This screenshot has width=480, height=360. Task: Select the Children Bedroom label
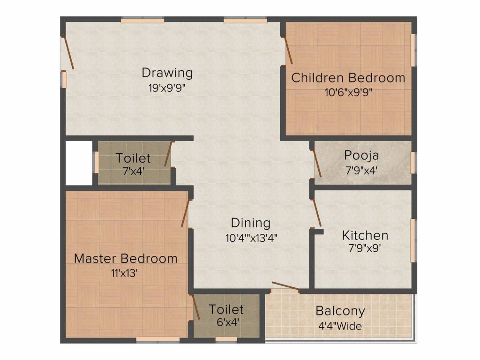pos(348,78)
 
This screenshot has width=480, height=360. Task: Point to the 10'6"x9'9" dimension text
pos(348,92)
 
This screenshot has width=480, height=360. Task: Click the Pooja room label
pos(361,155)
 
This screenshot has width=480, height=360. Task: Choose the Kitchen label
pos(365,235)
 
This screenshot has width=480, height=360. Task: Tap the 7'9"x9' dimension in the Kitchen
pos(365,249)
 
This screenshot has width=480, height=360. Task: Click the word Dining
pos(251,223)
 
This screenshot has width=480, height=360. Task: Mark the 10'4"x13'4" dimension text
pos(251,237)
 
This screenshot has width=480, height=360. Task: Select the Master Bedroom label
pos(126,258)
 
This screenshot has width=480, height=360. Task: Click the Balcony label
pos(340,311)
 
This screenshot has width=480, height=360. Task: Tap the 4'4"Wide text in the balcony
pos(339,326)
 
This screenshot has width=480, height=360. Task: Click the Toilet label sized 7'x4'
pos(134,158)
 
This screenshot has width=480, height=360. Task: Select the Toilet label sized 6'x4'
pos(226,309)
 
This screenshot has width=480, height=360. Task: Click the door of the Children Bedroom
pos(288,50)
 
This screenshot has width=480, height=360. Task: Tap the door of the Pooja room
pos(317,163)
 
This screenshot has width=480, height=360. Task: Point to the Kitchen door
pos(316,212)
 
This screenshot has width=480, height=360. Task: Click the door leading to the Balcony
pos(285,286)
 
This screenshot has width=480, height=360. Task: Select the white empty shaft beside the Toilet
pos(79,163)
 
